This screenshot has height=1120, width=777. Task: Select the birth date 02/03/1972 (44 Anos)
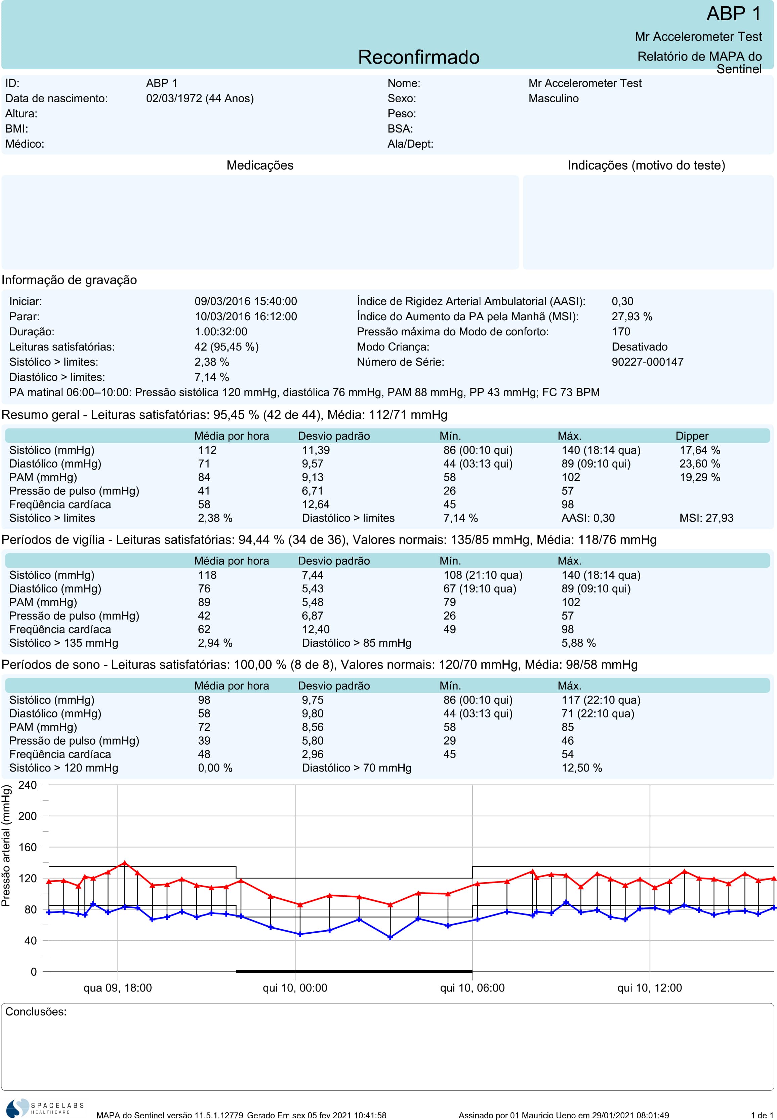click(200, 99)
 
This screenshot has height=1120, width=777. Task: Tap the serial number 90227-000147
click(648, 362)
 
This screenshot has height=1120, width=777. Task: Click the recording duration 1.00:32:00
click(221, 332)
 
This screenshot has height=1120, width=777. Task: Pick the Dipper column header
click(692, 436)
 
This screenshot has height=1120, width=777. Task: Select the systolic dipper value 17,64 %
click(700, 450)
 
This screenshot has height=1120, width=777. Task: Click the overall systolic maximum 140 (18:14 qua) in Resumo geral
click(601, 450)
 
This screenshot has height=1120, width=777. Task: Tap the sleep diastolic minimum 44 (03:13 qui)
click(478, 714)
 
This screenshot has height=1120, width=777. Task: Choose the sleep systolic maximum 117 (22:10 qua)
click(601, 700)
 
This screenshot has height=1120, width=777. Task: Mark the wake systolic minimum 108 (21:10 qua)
click(483, 575)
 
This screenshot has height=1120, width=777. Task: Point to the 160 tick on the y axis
click(27, 847)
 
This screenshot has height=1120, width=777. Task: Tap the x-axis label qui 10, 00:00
click(295, 988)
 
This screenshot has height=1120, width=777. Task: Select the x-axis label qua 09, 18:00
click(118, 988)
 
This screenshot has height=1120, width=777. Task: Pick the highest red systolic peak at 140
click(125, 863)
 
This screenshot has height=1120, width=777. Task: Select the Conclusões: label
click(36, 1012)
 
